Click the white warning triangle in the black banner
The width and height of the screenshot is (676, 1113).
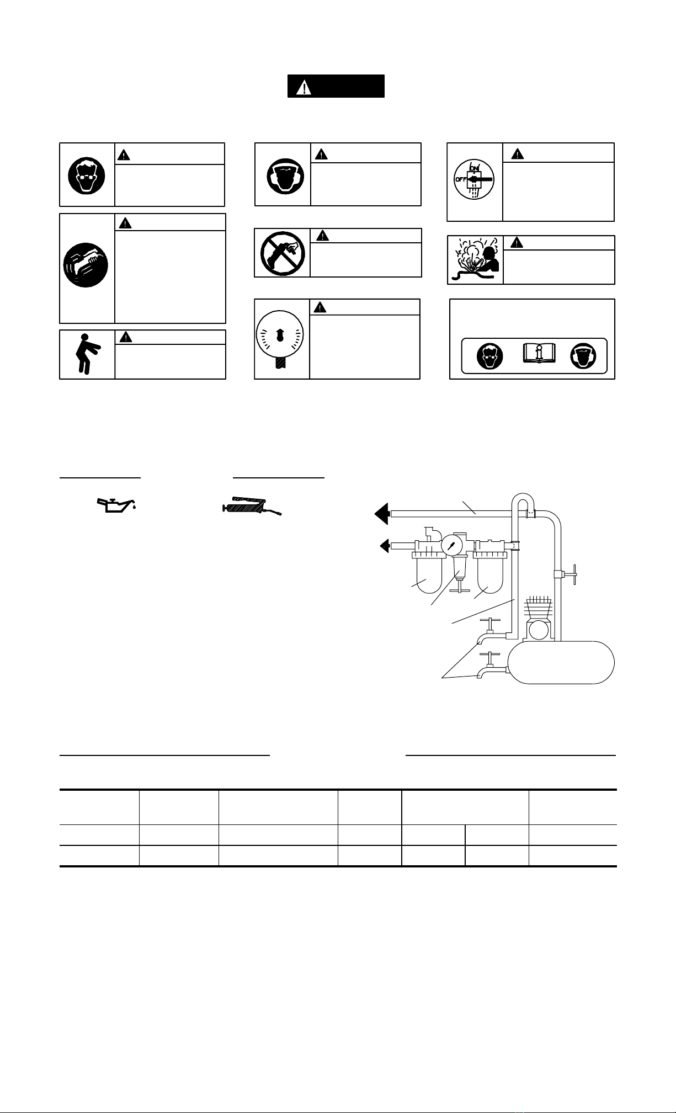tap(303, 87)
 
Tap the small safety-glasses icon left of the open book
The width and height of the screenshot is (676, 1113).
tap(489, 356)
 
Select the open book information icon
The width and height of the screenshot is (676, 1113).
tap(539, 354)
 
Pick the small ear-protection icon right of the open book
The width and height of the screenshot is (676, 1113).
tap(584, 356)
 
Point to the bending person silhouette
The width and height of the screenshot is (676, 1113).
tap(86, 354)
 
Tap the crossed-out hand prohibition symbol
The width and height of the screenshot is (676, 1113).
tap(283, 253)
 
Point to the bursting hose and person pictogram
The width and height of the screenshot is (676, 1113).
tap(474, 260)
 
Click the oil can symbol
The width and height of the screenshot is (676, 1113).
tap(116, 505)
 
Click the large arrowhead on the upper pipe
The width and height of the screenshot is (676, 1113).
tap(382, 514)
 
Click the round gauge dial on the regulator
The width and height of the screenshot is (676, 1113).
tap(452, 546)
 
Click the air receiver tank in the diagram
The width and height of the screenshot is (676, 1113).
tap(561, 662)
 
